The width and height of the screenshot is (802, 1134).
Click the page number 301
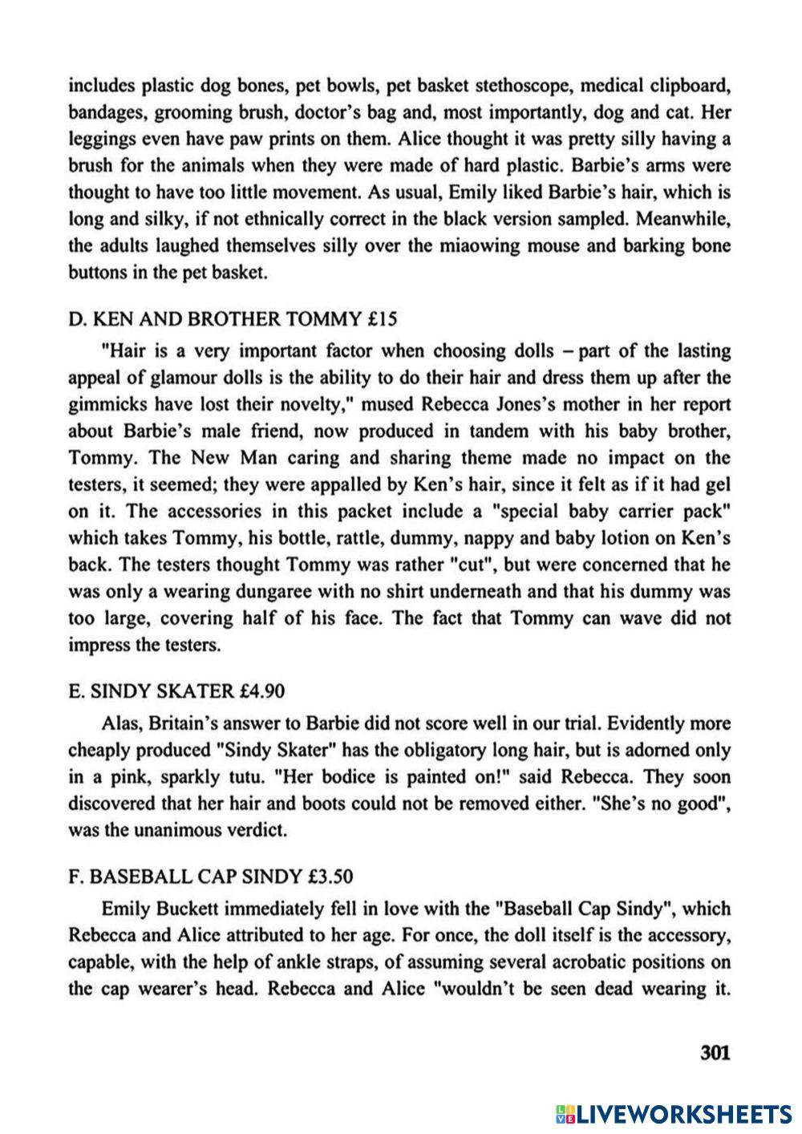coord(715,1051)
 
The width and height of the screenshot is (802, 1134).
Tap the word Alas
coord(121,723)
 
